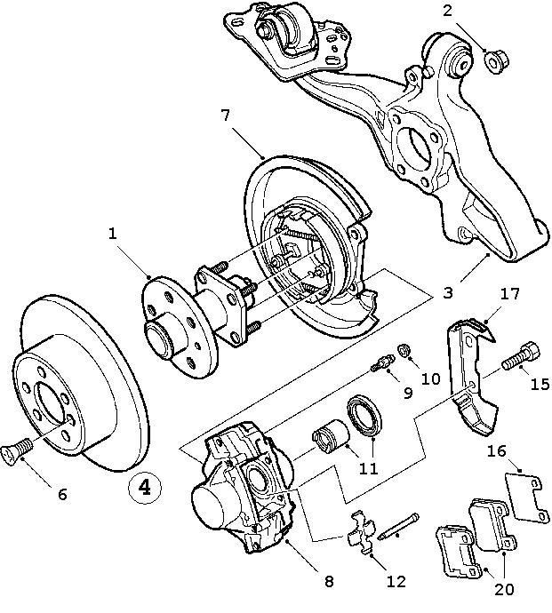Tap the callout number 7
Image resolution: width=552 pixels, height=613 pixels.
[x=226, y=115]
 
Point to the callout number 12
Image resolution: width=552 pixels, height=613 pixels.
[x=396, y=582]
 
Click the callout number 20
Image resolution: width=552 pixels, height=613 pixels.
[x=505, y=588]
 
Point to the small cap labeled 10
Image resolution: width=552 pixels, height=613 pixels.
[x=403, y=351]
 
